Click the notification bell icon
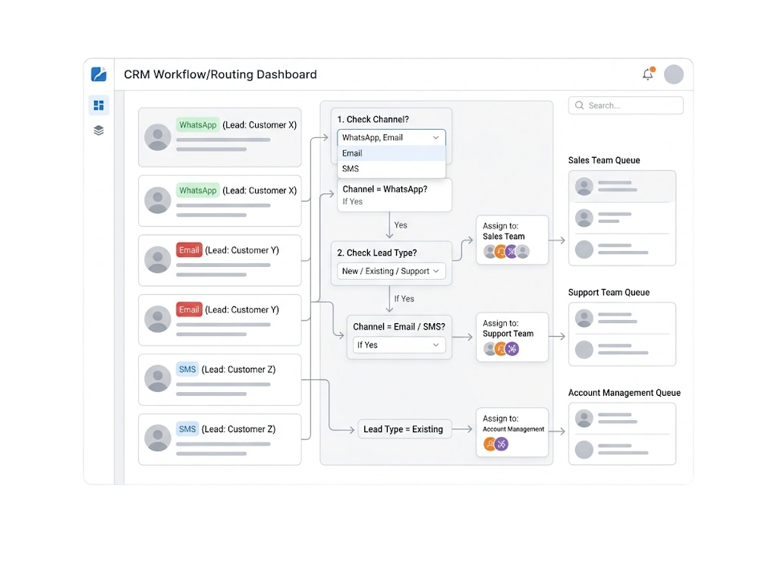coord(648,74)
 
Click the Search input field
coord(625,105)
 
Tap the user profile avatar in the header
coord(674,74)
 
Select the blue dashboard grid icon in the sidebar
coord(99,105)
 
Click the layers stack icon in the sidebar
coord(99,130)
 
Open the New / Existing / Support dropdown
coord(391,272)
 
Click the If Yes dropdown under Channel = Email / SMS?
coord(399,345)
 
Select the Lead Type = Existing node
coord(404,429)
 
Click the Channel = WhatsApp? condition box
coord(395,195)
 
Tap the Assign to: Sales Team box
coord(512,240)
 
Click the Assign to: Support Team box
coord(512,338)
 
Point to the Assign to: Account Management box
coord(512,432)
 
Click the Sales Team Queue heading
coord(604,161)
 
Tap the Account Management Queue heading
coord(624,393)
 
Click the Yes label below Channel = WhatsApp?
coord(401,225)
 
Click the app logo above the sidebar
coord(99,74)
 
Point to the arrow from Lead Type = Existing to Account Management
coord(462,429)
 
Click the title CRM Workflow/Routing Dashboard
coord(220,74)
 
